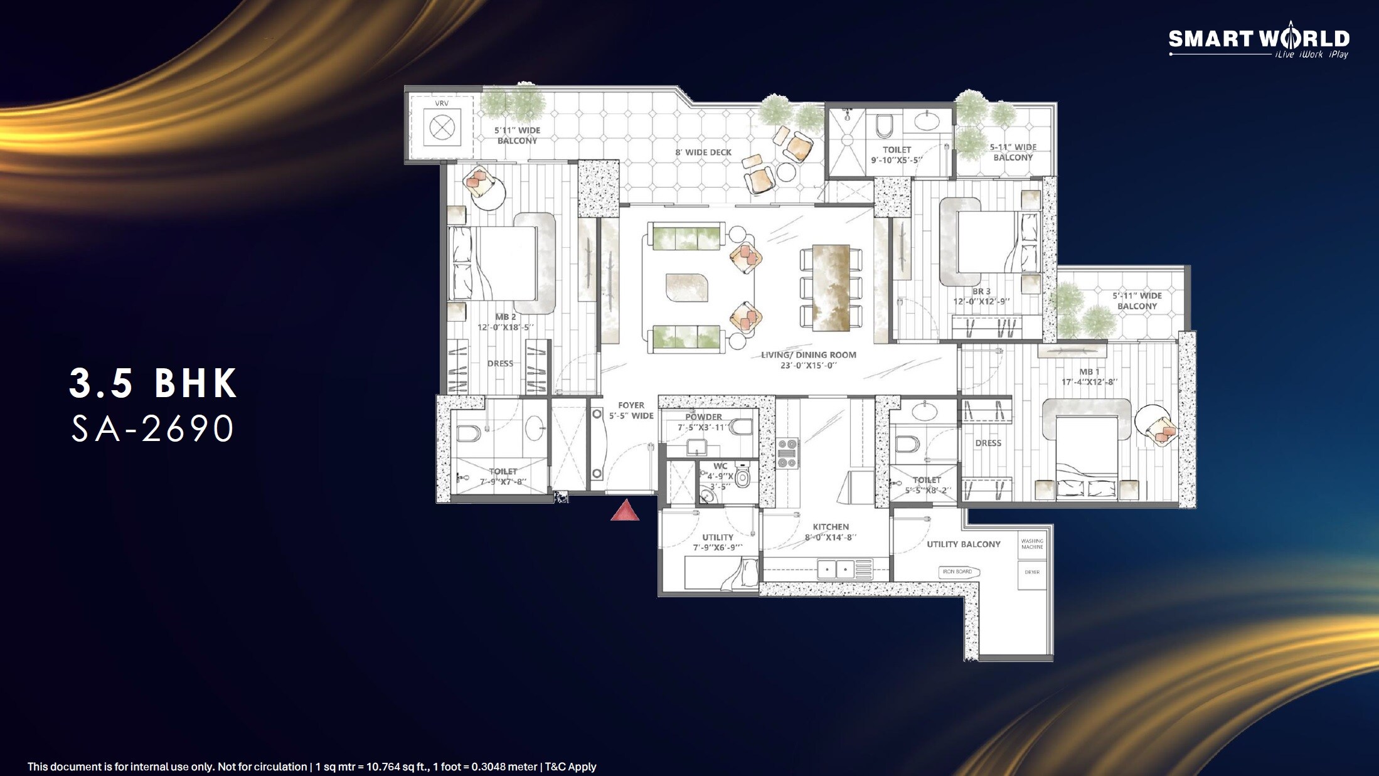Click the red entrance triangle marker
pos(625,511)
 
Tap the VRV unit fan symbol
pos(442,128)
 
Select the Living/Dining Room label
pos(808,359)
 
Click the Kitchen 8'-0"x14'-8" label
pos(830,531)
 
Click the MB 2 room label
pos(505,322)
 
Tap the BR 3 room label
pos(981,296)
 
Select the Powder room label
pos(703,422)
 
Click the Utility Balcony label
pos(963,544)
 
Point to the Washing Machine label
pos(1031,544)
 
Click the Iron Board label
pos(957,571)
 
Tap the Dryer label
pos(1031,572)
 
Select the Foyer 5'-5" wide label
pos(631,410)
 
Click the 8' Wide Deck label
pos(703,152)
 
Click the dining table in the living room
pos(831,287)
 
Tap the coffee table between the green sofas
pos(686,287)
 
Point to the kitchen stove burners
pos(787,454)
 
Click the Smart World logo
pos(1259,40)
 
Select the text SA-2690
pos(152,429)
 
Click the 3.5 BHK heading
pos(153,383)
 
